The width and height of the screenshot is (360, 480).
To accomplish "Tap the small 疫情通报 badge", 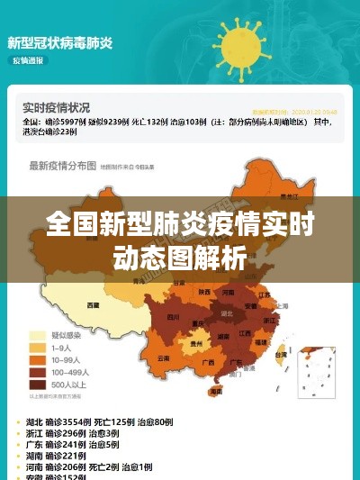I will pyautogui.click(x=28, y=60).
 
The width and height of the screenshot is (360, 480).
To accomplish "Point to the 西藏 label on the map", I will pyautogui.click(x=93, y=305).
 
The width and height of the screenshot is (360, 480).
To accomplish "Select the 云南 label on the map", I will pyautogui.click(x=163, y=358).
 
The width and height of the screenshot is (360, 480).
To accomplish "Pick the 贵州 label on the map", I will pyautogui.click(x=196, y=343).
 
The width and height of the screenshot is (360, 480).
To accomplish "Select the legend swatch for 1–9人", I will pyautogui.click(x=38, y=347).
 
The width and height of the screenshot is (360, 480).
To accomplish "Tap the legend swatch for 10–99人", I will pyautogui.click(x=38, y=359).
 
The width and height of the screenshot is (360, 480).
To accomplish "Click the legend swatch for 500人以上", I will pyautogui.click(x=38, y=383).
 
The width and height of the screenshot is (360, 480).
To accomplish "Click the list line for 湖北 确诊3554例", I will pyautogui.click(x=100, y=422).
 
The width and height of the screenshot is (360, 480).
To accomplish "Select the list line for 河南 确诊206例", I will pyautogui.click(x=91, y=467).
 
